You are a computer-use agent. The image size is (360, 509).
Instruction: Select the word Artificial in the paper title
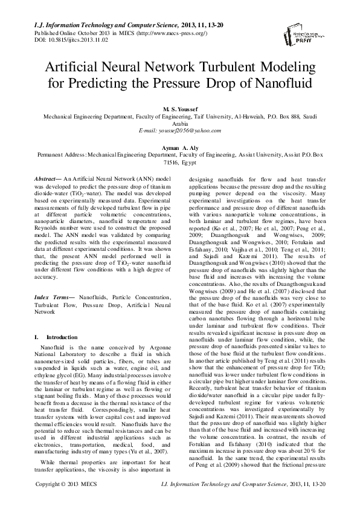(x=77, y=65)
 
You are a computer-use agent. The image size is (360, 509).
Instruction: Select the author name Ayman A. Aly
(x=180, y=147)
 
